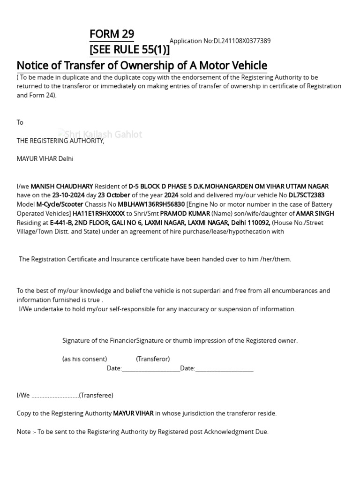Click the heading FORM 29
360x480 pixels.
(x=112, y=34)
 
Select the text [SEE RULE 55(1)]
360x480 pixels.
(x=129, y=50)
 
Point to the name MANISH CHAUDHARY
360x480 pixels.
(x=62, y=186)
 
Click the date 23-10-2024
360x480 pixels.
(x=68, y=195)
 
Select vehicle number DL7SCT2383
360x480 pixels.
(x=307, y=195)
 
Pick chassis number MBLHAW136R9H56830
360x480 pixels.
(x=151, y=204)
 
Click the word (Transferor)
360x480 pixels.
(x=153, y=359)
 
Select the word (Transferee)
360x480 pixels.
(x=96, y=395)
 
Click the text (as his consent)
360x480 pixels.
(x=84, y=359)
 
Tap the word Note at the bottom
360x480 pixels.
(x=23, y=432)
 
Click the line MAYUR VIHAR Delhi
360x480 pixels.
(x=45, y=158)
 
